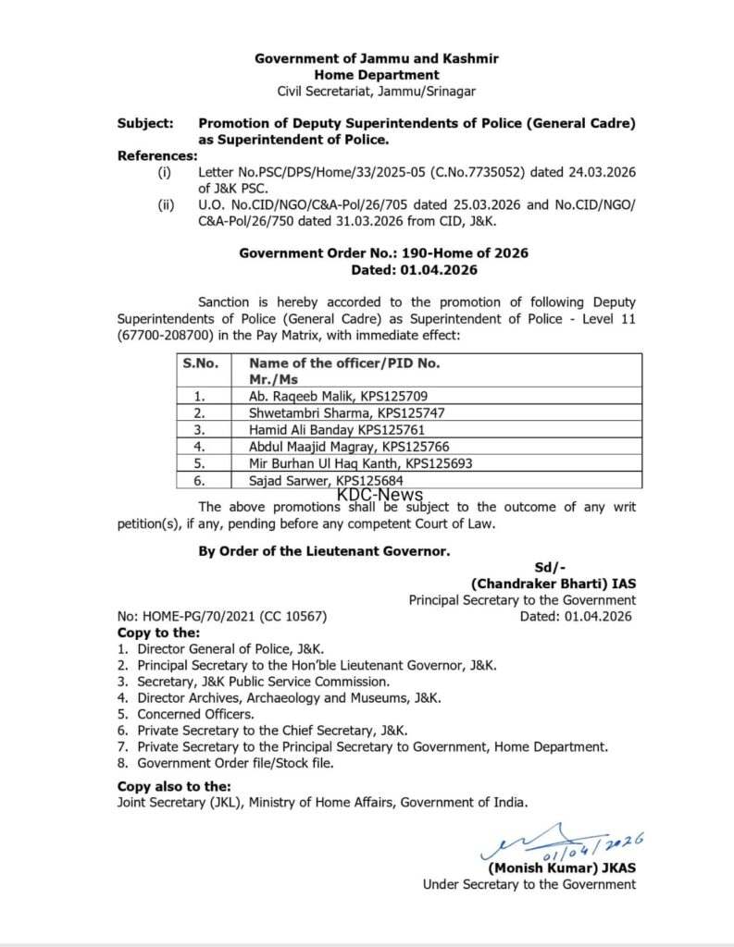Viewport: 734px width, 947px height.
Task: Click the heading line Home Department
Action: (x=377, y=74)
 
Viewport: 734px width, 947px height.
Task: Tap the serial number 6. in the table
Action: (x=199, y=480)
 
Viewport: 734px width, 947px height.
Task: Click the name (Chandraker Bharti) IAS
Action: (x=553, y=584)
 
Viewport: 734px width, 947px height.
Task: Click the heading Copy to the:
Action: (x=158, y=633)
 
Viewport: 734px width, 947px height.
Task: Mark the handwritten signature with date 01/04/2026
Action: (x=565, y=842)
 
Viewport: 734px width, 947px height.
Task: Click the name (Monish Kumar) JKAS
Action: (x=562, y=867)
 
